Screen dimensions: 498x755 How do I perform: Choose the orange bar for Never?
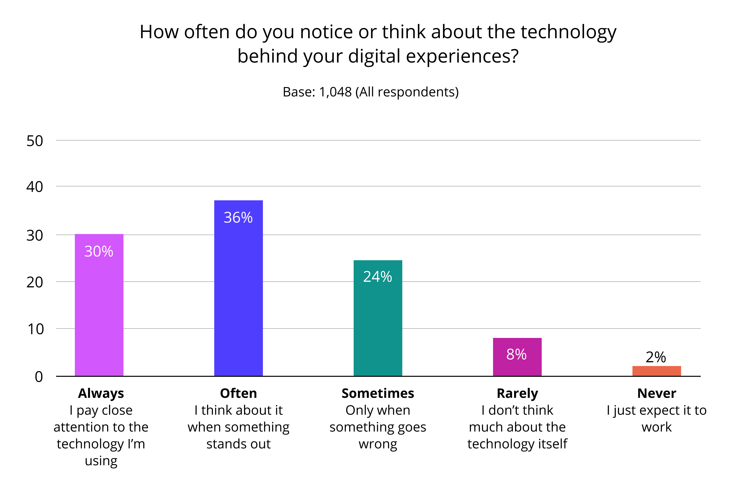656,371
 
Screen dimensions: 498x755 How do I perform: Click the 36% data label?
238,218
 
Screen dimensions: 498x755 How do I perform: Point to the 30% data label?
99,252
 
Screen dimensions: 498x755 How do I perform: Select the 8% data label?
516,355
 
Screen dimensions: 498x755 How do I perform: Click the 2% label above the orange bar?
656,357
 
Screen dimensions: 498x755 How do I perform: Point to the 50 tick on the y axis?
35,141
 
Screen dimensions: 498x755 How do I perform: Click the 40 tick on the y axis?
35,187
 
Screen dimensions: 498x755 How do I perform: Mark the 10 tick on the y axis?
36,329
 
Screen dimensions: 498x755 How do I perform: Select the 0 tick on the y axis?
39,377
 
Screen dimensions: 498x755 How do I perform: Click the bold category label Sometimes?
378,394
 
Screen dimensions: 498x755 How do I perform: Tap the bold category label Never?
657,394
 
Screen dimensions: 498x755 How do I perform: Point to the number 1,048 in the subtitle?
335,92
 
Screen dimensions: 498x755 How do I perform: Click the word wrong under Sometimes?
378,444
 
